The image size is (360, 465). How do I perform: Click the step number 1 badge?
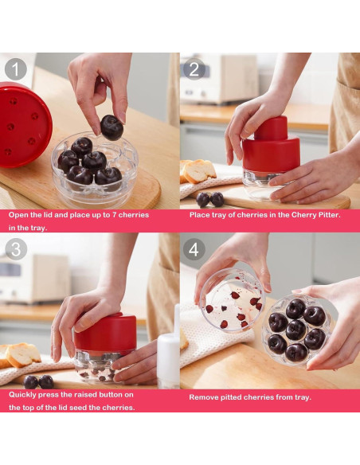pos(16,69)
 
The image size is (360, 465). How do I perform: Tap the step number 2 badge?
pos(194,69)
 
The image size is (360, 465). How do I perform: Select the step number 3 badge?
pos(16,249)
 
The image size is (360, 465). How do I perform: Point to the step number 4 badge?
pos(194,249)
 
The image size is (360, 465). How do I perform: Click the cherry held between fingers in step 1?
pos(112,127)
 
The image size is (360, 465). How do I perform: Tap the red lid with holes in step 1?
pos(23,124)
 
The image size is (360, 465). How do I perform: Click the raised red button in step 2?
pos(272,128)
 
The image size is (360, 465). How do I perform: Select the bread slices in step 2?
pos(198,170)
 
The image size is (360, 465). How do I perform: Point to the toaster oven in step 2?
pos(220,79)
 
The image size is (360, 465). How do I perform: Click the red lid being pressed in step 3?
pos(105,333)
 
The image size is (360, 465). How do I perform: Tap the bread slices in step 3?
pos(20,355)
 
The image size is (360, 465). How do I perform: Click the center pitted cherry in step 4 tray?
pos(296,330)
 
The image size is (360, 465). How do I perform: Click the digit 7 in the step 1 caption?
pos(114,215)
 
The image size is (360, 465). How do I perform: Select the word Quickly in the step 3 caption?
pos(22,395)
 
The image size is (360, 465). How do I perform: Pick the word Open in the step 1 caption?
pos(17,215)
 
